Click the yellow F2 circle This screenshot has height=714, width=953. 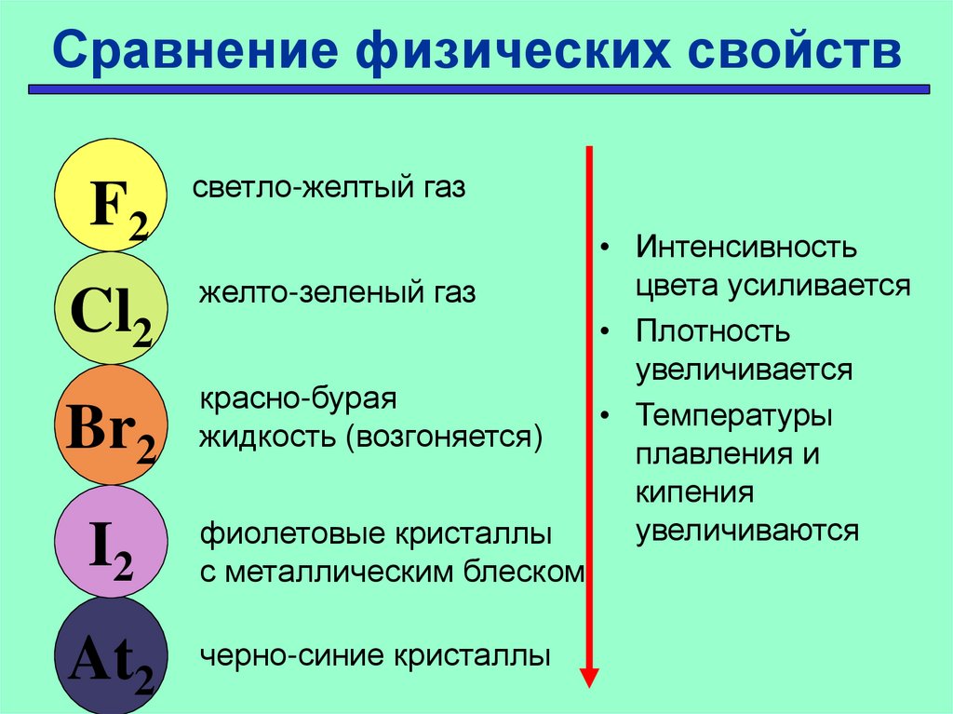[111, 195]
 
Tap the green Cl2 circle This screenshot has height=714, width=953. [111, 309]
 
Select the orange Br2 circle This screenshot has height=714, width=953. [111, 424]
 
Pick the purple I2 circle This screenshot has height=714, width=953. [111, 542]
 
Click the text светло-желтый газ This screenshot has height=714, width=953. [329, 187]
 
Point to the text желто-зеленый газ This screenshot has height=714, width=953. [337, 293]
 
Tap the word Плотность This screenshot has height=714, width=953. [713, 331]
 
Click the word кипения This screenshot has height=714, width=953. [694, 492]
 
